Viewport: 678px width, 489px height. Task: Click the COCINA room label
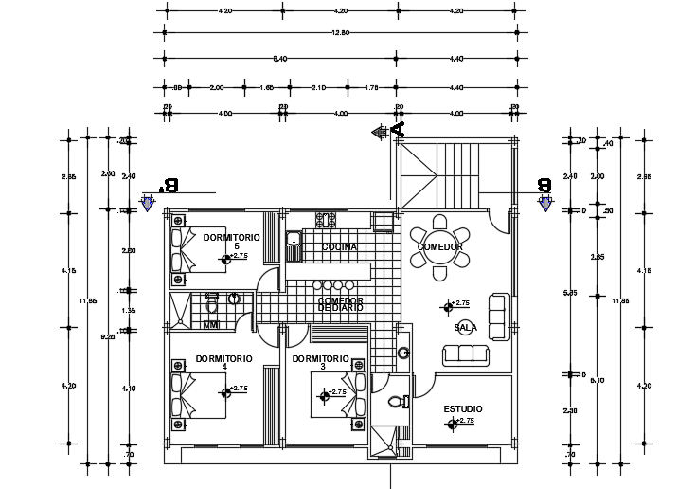[x=339, y=247]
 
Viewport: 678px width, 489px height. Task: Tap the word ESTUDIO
[x=463, y=409]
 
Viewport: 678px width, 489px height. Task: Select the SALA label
[x=465, y=328]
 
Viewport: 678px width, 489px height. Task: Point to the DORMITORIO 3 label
[x=321, y=362]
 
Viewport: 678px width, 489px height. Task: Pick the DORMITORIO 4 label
[x=224, y=362]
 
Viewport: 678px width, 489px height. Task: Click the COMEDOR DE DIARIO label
[x=341, y=303]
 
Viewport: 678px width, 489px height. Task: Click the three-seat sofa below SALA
[x=467, y=354]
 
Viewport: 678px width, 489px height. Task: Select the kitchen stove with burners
[x=326, y=221]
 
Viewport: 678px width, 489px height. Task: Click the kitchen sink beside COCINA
[x=294, y=243]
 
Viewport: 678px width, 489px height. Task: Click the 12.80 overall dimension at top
[x=340, y=32]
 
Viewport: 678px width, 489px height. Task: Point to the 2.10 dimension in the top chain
[x=318, y=87]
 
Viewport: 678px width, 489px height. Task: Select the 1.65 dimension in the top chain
[x=267, y=87]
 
